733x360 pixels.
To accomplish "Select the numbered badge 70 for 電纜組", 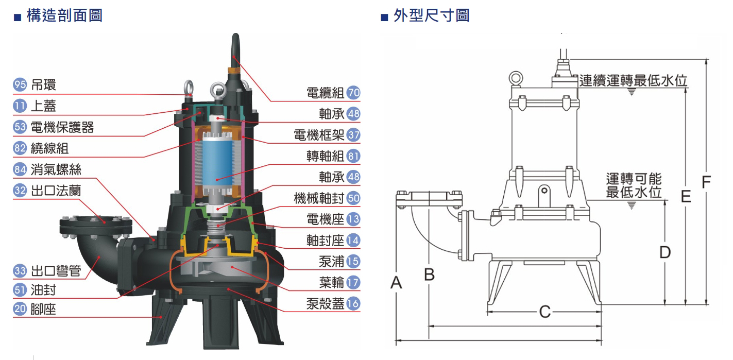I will pyautogui.click(x=353, y=93).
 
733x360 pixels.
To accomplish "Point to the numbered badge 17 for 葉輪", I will pyautogui.click(x=353, y=282).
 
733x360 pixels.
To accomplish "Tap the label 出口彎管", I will pyautogui.click(x=56, y=271).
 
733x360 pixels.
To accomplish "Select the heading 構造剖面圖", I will pyautogui.click(x=63, y=16).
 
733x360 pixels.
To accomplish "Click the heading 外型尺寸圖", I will pyautogui.click(x=431, y=16).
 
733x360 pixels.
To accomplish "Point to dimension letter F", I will pyautogui.click(x=707, y=182).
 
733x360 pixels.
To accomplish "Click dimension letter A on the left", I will pyautogui.click(x=396, y=282).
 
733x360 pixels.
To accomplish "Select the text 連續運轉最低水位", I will pyautogui.click(x=633, y=81).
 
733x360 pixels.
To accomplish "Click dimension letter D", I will pyautogui.click(x=665, y=252).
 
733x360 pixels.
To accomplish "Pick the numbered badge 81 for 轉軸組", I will pyautogui.click(x=353, y=156).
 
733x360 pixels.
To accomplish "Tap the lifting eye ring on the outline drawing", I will pyautogui.click(x=515, y=78).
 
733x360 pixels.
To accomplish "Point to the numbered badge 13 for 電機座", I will pyautogui.click(x=353, y=219).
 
